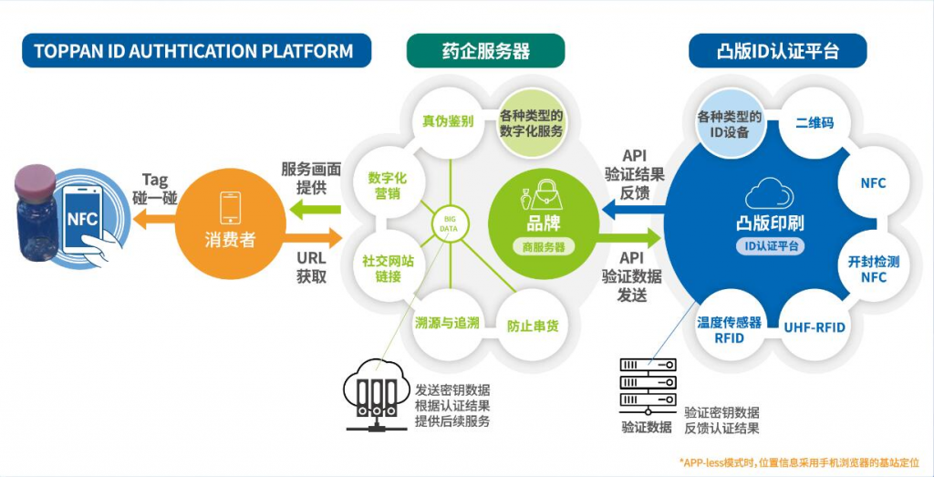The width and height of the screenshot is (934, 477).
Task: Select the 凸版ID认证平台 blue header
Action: tap(778, 50)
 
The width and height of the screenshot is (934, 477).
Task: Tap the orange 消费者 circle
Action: tap(230, 224)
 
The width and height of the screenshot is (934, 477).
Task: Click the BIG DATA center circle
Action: tap(450, 225)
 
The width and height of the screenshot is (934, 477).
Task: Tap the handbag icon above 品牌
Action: tap(544, 193)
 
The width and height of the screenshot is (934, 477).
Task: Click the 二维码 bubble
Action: tap(815, 122)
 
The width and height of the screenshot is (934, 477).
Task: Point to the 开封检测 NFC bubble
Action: tap(873, 269)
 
